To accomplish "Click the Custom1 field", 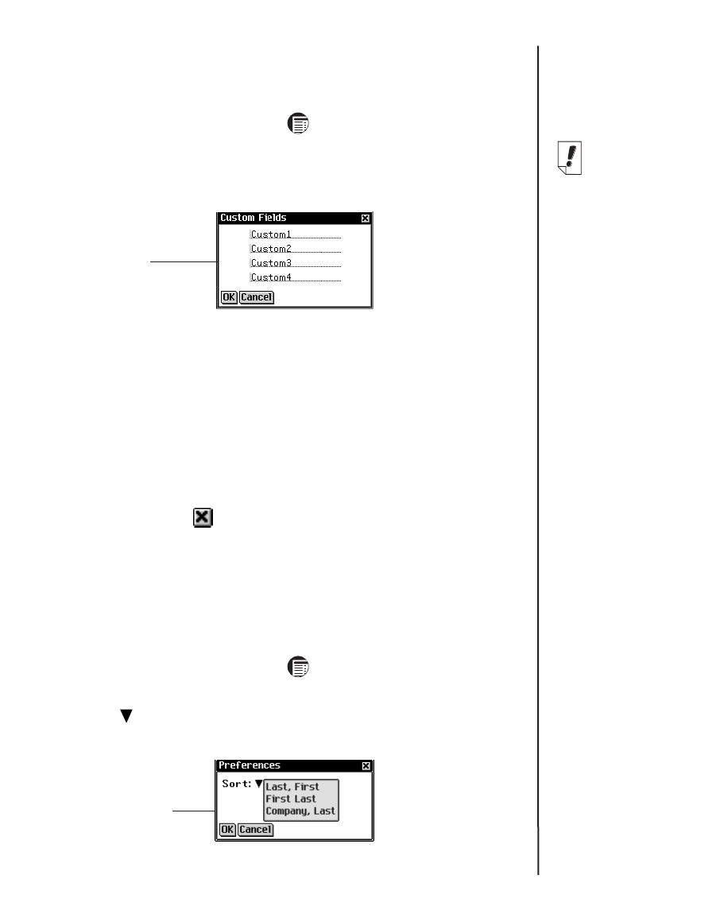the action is tap(295, 234).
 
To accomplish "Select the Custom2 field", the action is tap(295, 249).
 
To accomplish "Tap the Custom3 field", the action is tap(295, 263).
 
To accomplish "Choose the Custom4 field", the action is tap(295, 277).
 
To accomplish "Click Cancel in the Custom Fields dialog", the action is tap(256, 297).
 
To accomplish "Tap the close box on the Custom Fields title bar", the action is tap(365, 218).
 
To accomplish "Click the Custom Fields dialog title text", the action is tap(253, 218).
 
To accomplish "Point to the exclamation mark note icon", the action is tap(568, 157).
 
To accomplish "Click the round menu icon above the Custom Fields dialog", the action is tap(299, 123).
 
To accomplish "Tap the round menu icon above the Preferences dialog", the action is tap(299, 667).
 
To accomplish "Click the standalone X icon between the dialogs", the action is tap(203, 518).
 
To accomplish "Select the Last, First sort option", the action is tap(292, 787).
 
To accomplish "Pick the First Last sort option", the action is tap(291, 799).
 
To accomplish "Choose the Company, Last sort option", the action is tap(300, 811).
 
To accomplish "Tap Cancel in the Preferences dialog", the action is tap(256, 830).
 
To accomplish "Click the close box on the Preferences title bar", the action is tap(366, 765).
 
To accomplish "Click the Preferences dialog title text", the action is tap(250, 765).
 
